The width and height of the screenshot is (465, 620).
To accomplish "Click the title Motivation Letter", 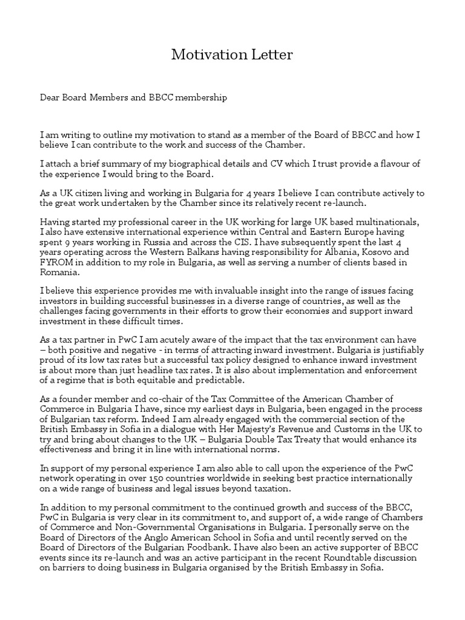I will point(232,55).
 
